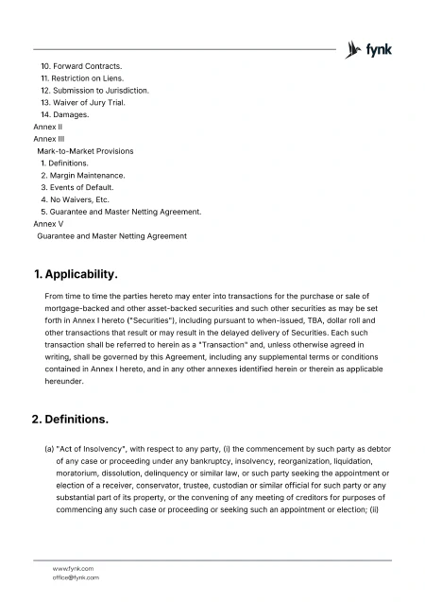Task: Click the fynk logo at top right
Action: click(370, 49)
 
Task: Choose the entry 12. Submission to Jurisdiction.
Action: click(94, 90)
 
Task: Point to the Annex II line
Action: click(48, 127)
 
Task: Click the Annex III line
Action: click(49, 139)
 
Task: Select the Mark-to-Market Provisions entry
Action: click(85, 151)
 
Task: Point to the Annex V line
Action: click(48, 224)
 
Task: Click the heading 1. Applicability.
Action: click(76, 275)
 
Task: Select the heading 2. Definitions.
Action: click(72, 418)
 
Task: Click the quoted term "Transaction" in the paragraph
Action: click(201, 346)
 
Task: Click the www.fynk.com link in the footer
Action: click(73, 568)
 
